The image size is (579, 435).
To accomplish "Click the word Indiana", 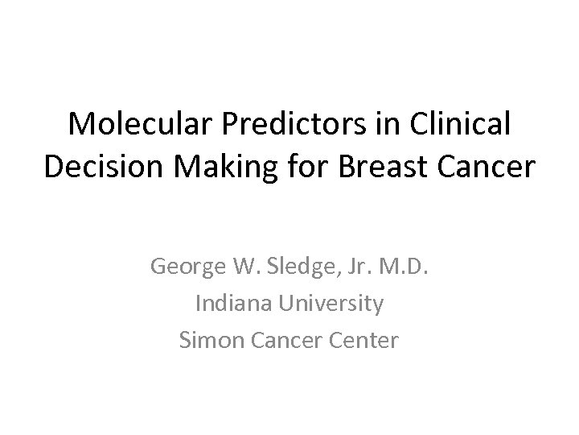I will (x=231, y=304).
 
